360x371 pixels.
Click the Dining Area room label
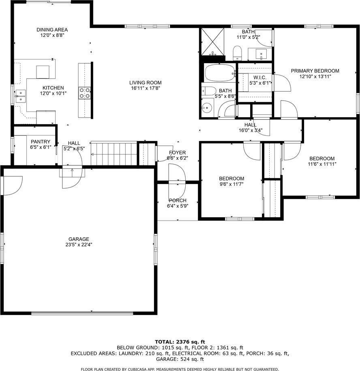coord(52,30)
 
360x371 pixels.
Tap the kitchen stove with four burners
coord(84,93)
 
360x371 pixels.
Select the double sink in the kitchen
coord(20,96)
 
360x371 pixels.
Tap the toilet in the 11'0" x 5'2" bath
coord(238,52)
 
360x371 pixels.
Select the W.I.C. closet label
coord(259,77)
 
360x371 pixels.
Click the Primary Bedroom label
coord(315,71)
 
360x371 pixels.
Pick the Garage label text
coord(79,239)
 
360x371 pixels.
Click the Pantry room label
coord(40,142)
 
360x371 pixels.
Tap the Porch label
coord(178,200)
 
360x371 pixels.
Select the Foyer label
coord(178,152)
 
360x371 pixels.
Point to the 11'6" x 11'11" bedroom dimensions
coord(322,164)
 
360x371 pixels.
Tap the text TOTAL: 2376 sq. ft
coord(180,341)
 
